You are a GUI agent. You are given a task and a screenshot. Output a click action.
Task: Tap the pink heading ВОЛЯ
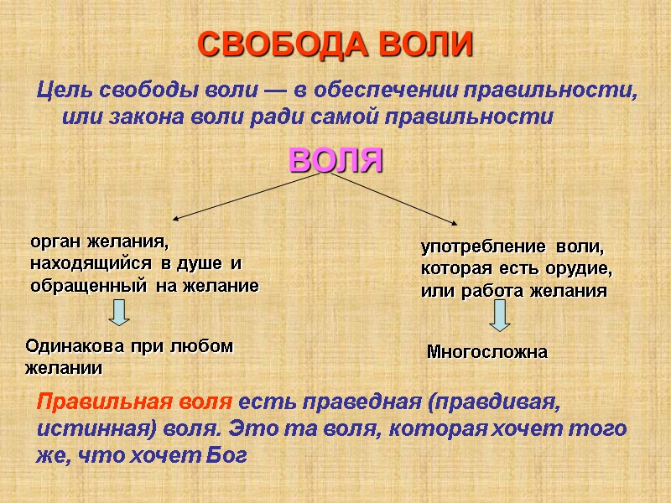click(x=335, y=159)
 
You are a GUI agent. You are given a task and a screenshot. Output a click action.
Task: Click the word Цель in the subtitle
click(x=64, y=90)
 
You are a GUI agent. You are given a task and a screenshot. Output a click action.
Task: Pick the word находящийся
click(x=92, y=264)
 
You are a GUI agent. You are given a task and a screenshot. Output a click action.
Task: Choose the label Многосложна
click(x=487, y=352)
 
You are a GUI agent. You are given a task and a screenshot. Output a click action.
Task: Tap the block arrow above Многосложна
click(x=501, y=316)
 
